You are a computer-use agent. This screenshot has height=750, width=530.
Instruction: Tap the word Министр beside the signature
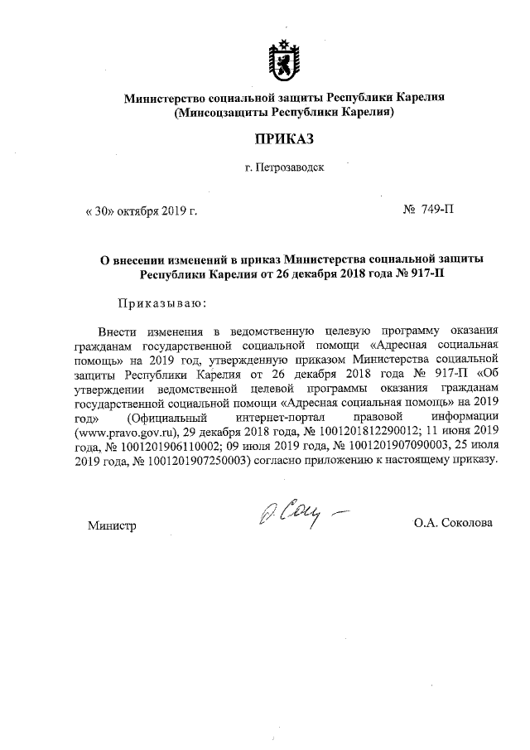coord(112,525)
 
